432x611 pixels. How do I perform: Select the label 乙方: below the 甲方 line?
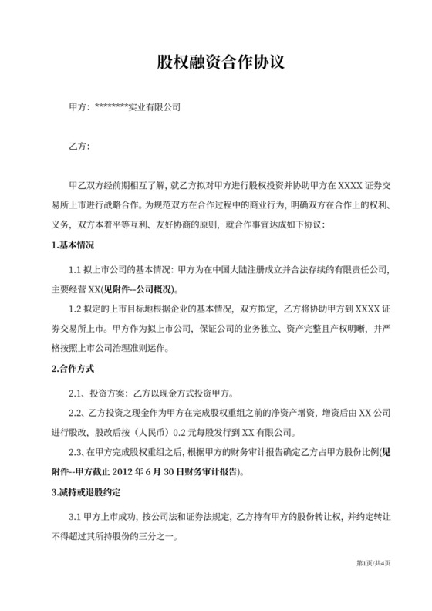79,146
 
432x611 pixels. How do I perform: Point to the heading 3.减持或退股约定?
86,491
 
